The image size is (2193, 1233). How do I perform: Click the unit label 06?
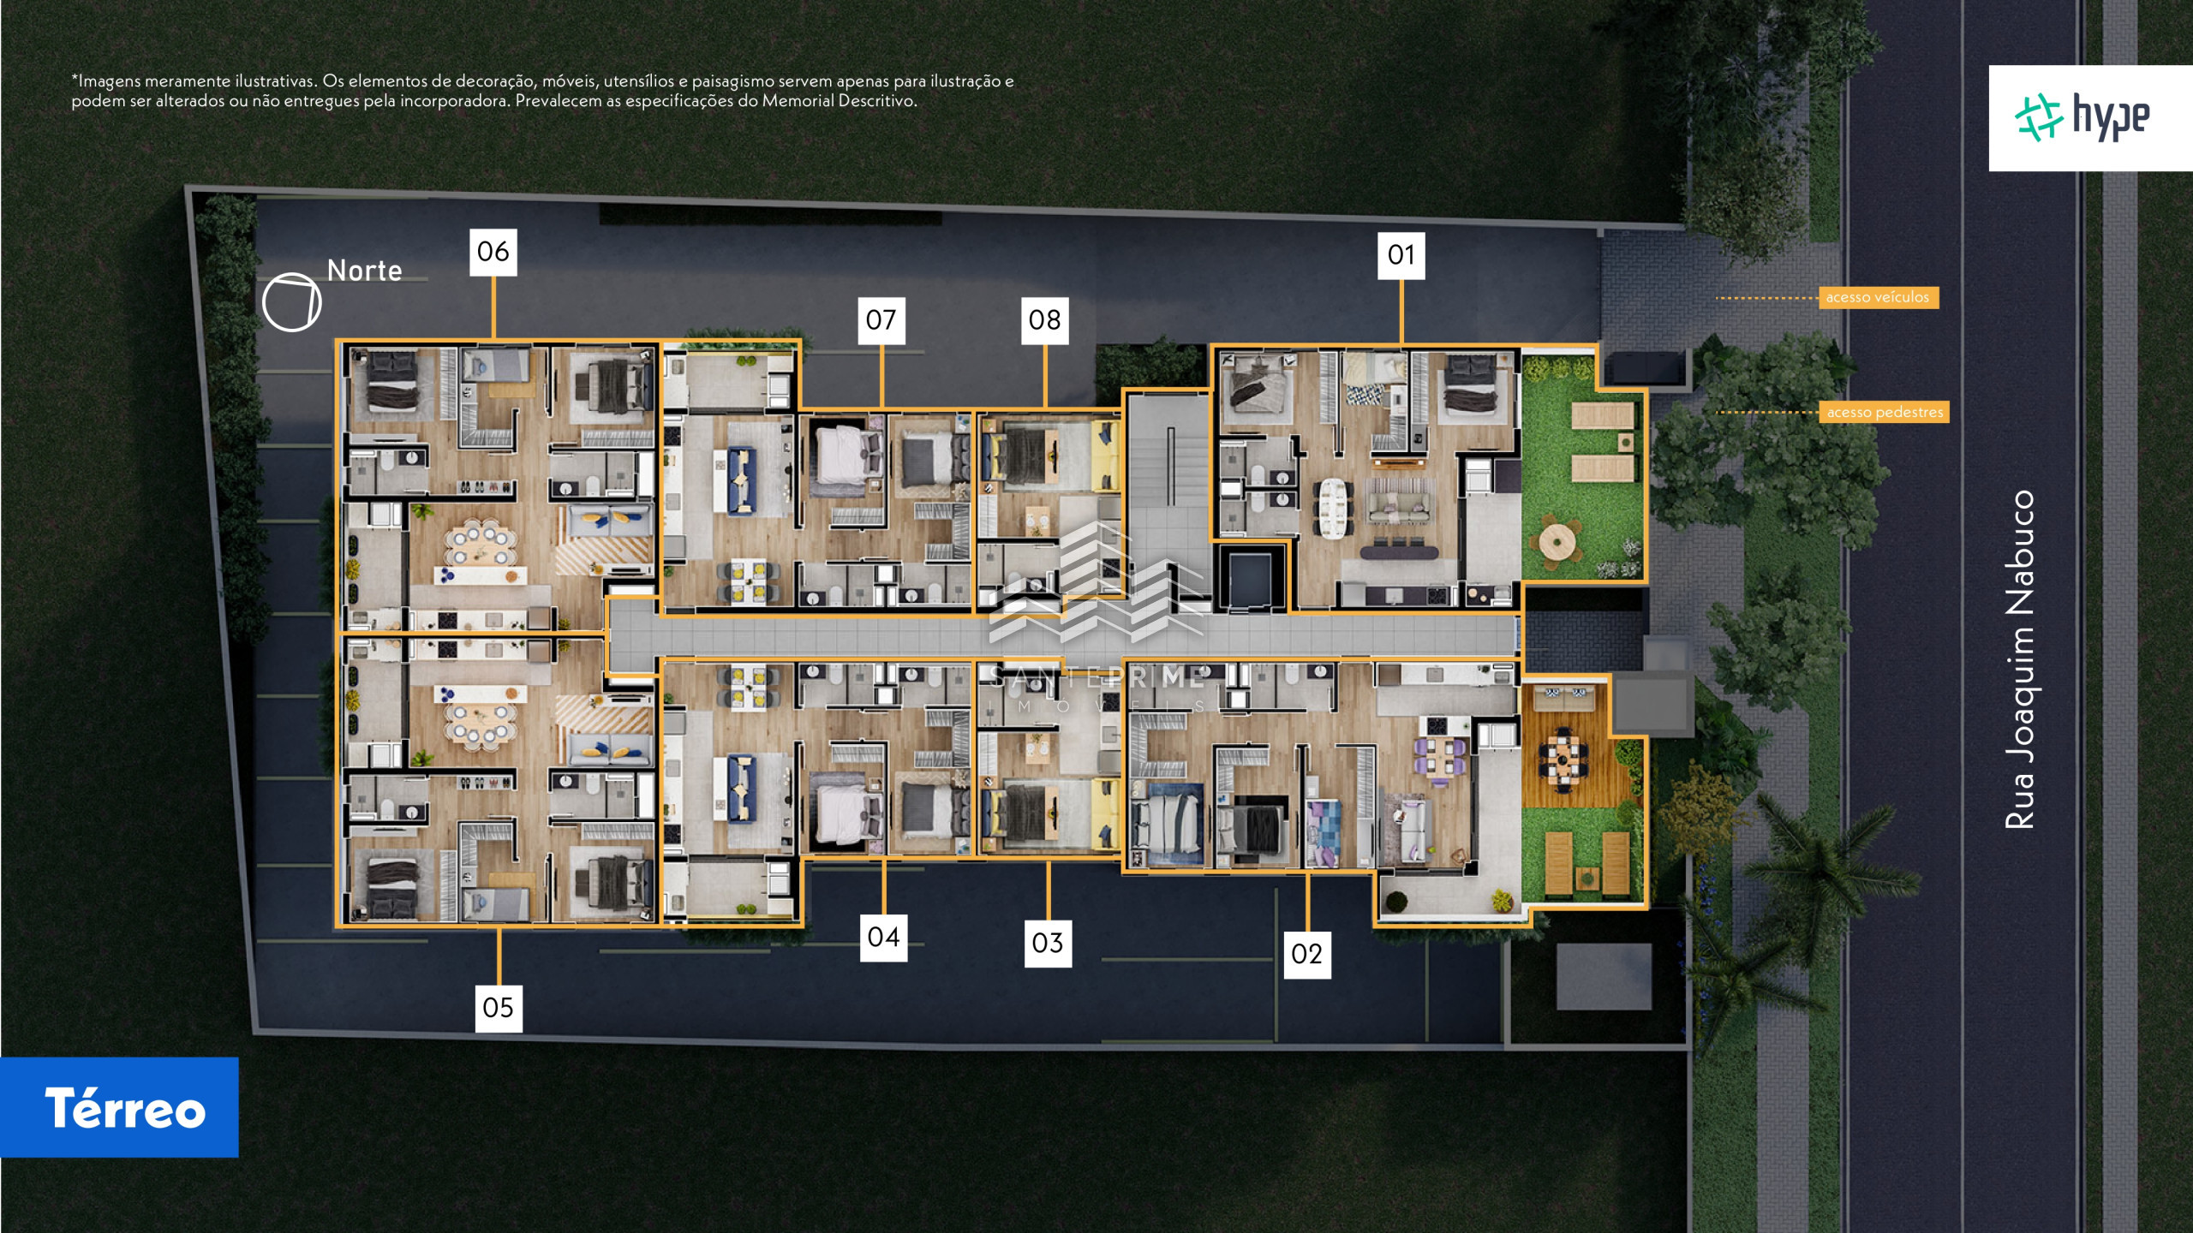coord(493,252)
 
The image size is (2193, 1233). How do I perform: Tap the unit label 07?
coord(881,320)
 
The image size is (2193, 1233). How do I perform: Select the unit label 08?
coord(1045,320)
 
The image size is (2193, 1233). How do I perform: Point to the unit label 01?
coord(1401,255)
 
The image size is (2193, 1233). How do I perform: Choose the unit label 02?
coord(1307,954)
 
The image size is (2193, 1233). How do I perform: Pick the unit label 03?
coord(1048,944)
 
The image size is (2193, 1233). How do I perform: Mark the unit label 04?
coord(884,938)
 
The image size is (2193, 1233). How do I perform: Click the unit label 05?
coord(499,1008)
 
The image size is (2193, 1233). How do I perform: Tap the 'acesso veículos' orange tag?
coord(1878,297)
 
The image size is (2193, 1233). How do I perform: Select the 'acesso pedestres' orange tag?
coord(1885,412)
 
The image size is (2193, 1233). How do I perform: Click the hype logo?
coord(2090,118)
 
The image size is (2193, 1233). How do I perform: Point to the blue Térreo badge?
coord(119,1108)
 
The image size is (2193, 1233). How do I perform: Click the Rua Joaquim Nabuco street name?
coord(2020,659)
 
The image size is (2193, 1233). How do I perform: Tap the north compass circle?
coord(291,302)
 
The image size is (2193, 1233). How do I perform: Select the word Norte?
coord(365,271)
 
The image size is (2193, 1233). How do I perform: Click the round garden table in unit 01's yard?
coord(1557,542)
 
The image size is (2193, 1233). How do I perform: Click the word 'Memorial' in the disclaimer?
coord(797,101)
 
